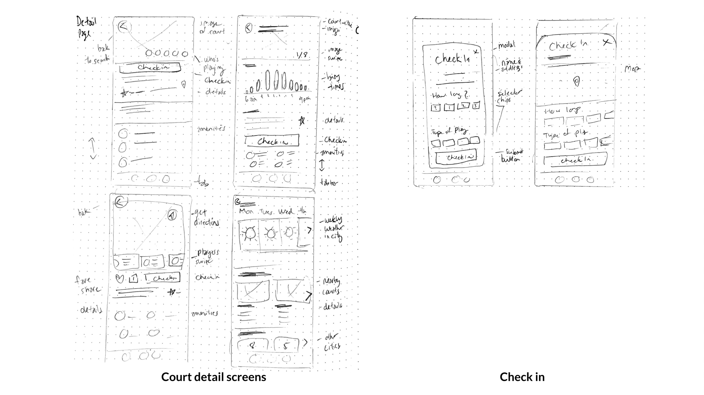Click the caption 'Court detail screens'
213,377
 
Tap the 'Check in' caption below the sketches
522,377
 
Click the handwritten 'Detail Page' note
86,27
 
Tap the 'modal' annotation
506,45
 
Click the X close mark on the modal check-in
476,52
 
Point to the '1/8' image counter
302,55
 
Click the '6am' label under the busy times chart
251,99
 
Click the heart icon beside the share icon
120,279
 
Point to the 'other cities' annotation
332,342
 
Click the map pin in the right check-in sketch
576,82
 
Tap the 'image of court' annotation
212,28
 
